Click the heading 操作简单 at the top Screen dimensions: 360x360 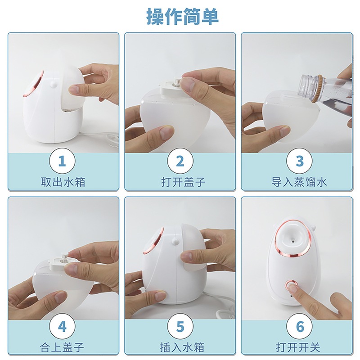click(183, 16)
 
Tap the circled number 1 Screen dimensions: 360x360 click(63, 161)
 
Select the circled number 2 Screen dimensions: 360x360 click(180, 161)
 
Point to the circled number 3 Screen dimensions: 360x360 click(300, 161)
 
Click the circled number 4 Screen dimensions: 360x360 click(63, 326)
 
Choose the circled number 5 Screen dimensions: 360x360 click(180, 326)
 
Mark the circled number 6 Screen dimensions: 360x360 click(300, 326)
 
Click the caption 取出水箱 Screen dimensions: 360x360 click(63, 182)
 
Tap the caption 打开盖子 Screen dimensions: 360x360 click(183, 182)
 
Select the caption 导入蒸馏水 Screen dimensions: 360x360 click(299, 182)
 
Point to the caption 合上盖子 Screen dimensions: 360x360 click(62, 347)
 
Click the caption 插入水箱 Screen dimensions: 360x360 click(182, 347)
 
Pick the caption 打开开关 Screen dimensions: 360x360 click(298, 347)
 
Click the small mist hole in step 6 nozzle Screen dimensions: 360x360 click(293, 241)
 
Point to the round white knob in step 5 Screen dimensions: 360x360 click(175, 241)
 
